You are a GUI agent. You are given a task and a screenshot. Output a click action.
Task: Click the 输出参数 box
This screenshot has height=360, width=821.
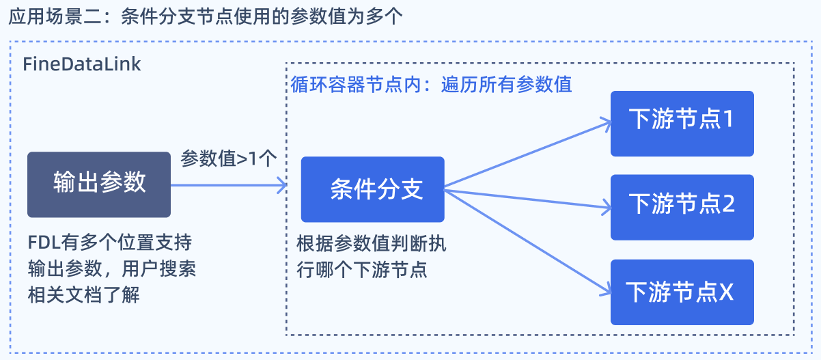pyautogui.click(x=99, y=184)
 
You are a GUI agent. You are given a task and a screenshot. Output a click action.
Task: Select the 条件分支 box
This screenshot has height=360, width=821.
pyautogui.click(x=373, y=189)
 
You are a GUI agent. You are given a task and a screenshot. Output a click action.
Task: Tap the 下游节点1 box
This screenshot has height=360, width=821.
pyautogui.click(x=682, y=124)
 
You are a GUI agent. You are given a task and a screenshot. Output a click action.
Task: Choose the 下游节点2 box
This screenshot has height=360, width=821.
pyautogui.click(x=682, y=208)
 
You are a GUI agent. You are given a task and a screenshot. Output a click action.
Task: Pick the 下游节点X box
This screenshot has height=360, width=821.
pyautogui.click(x=682, y=292)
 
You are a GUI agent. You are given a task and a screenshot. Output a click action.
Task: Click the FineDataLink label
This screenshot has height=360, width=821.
pyautogui.click(x=82, y=64)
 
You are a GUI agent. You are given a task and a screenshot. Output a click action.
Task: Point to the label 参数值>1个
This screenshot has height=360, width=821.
pyautogui.click(x=228, y=158)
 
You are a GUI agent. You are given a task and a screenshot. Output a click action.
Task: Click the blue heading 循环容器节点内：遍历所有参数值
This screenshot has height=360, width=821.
pyautogui.click(x=431, y=85)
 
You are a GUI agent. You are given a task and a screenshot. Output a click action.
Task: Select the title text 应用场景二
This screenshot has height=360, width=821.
pyautogui.click(x=55, y=17)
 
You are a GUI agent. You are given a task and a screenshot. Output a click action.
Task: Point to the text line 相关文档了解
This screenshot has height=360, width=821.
pyautogui.click(x=84, y=295)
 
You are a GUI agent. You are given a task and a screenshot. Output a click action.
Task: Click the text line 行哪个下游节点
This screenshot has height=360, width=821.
pyautogui.click(x=362, y=271)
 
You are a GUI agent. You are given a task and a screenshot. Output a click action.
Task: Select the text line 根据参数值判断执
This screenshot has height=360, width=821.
pyautogui.click(x=372, y=244)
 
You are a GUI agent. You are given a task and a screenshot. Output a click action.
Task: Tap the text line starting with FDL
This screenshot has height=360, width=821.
pyautogui.click(x=110, y=243)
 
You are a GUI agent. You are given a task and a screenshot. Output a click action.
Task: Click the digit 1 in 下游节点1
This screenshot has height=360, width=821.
pyautogui.click(x=727, y=119)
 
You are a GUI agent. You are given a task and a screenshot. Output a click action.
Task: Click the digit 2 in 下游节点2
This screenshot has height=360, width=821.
pyautogui.click(x=728, y=204)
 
